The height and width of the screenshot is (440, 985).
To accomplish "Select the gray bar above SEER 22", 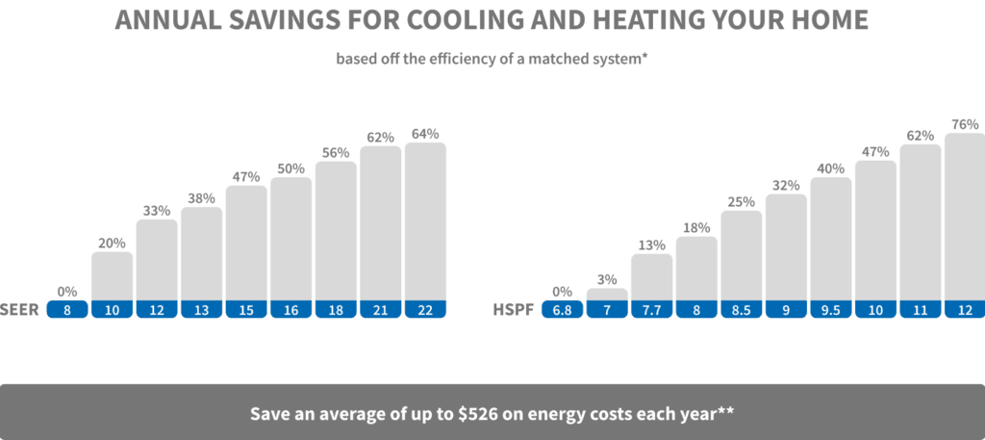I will (x=425, y=220).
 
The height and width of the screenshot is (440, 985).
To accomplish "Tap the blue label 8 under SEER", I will (x=67, y=310).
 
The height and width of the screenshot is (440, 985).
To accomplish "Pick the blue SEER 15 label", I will (x=246, y=310).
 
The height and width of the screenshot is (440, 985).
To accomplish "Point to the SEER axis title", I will (x=18, y=310).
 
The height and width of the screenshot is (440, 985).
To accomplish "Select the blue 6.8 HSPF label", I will (x=561, y=310).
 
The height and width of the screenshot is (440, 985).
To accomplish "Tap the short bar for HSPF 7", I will (x=606, y=295).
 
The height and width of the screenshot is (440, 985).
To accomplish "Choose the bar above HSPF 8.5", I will (x=741, y=255).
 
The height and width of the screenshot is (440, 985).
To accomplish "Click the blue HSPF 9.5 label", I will (x=830, y=310).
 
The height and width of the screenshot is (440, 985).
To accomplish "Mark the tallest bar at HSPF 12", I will (x=964, y=216).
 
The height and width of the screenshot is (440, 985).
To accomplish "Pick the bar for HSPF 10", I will (x=875, y=230).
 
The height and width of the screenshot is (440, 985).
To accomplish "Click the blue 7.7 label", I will (x=651, y=310).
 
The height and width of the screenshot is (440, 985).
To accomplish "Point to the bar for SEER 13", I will (x=201, y=253).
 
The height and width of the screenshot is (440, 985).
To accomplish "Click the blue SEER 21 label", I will (x=380, y=310).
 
